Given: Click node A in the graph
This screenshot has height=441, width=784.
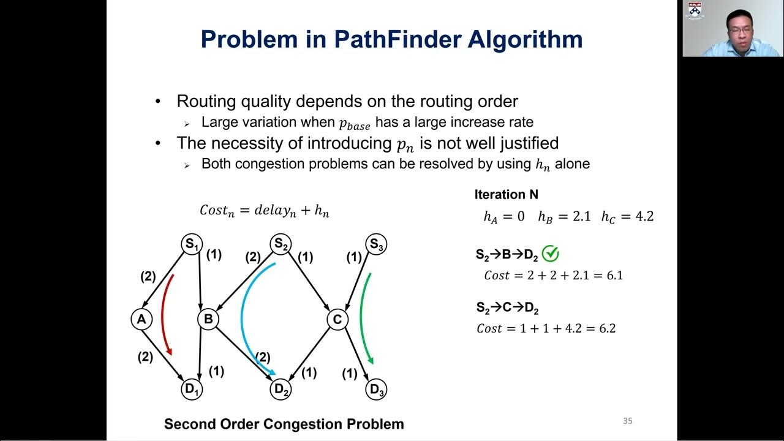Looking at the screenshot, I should pyautogui.click(x=141, y=319).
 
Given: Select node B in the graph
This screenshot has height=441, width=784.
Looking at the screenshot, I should pyautogui.click(x=208, y=319).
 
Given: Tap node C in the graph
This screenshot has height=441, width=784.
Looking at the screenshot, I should pyautogui.click(x=337, y=319).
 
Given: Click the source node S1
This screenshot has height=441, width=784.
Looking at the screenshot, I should pyautogui.click(x=192, y=244).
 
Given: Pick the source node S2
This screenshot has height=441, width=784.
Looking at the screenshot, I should pyautogui.click(x=281, y=244).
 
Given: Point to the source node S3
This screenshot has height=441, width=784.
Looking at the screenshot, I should pyautogui.click(x=376, y=244).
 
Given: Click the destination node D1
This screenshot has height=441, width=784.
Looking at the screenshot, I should pyautogui.click(x=192, y=389).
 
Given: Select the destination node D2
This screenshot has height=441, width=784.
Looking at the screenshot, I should pyautogui.click(x=281, y=389).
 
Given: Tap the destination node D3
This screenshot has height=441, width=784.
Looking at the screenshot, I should pyautogui.click(x=376, y=389).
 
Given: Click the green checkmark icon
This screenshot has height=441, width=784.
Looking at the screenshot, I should pyautogui.click(x=551, y=254).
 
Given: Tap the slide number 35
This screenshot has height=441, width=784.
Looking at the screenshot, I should pyautogui.click(x=627, y=421).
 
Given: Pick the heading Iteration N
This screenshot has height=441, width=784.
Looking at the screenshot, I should pyautogui.click(x=506, y=195).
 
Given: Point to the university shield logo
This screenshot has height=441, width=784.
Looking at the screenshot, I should pyautogui.click(x=694, y=10).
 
